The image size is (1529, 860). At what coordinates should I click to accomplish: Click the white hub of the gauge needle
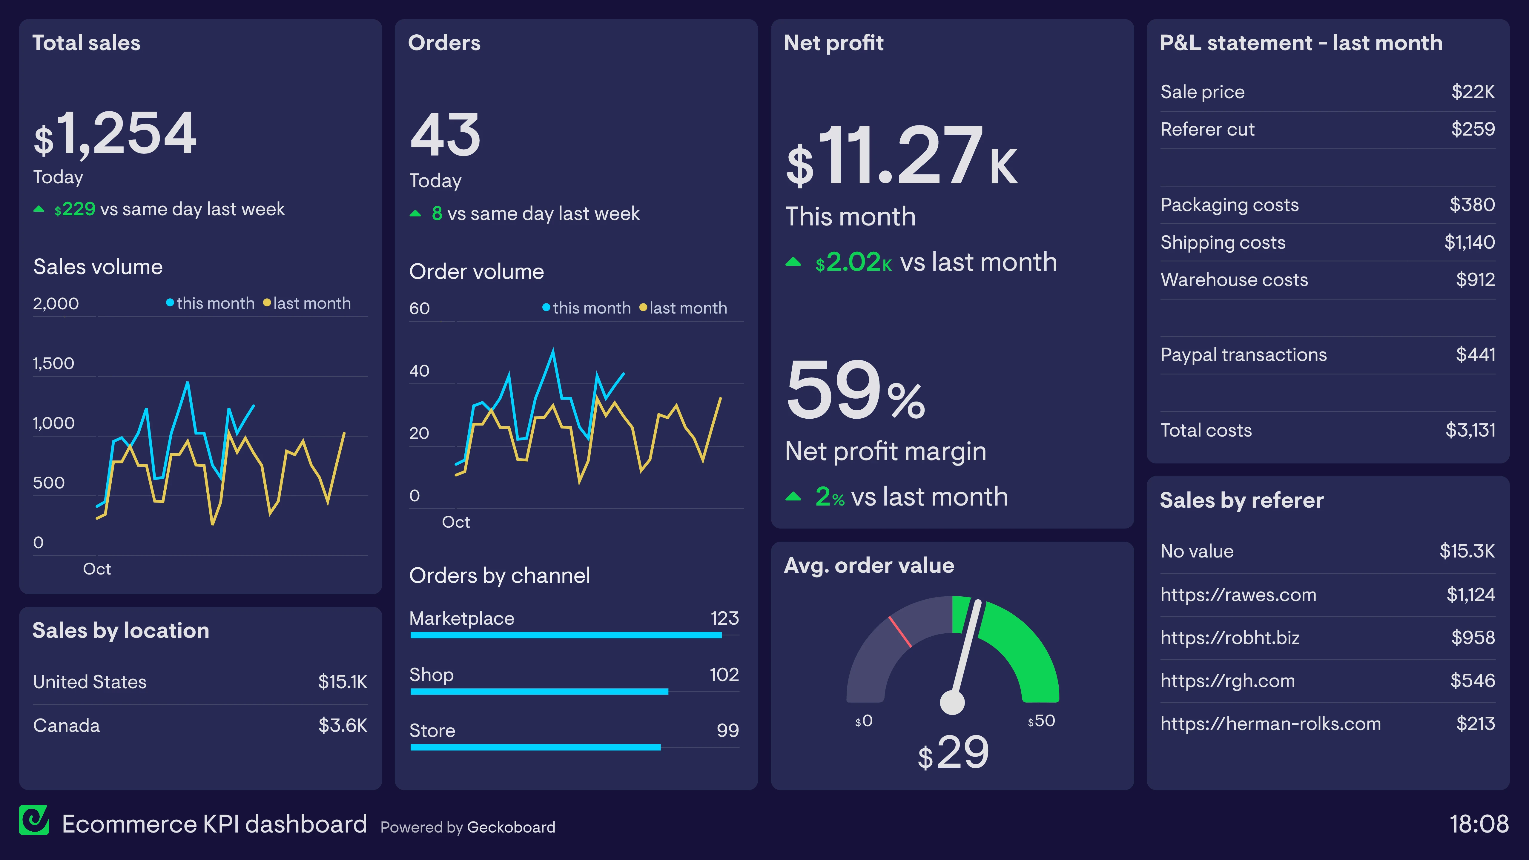click(x=952, y=703)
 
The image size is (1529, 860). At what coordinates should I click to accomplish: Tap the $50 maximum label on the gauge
click(x=1042, y=721)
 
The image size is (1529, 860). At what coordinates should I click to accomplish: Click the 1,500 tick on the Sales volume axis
click(x=53, y=363)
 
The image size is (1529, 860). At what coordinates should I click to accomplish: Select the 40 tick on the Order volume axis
click(x=419, y=371)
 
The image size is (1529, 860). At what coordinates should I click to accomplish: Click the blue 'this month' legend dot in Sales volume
click(x=170, y=303)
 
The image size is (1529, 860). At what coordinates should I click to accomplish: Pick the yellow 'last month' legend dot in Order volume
click(x=643, y=308)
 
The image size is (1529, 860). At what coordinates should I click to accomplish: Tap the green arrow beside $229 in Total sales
click(x=39, y=209)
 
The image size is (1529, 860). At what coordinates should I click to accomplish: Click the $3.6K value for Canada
click(x=343, y=725)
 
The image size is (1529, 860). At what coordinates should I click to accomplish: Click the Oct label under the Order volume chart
click(x=455, y=522)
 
